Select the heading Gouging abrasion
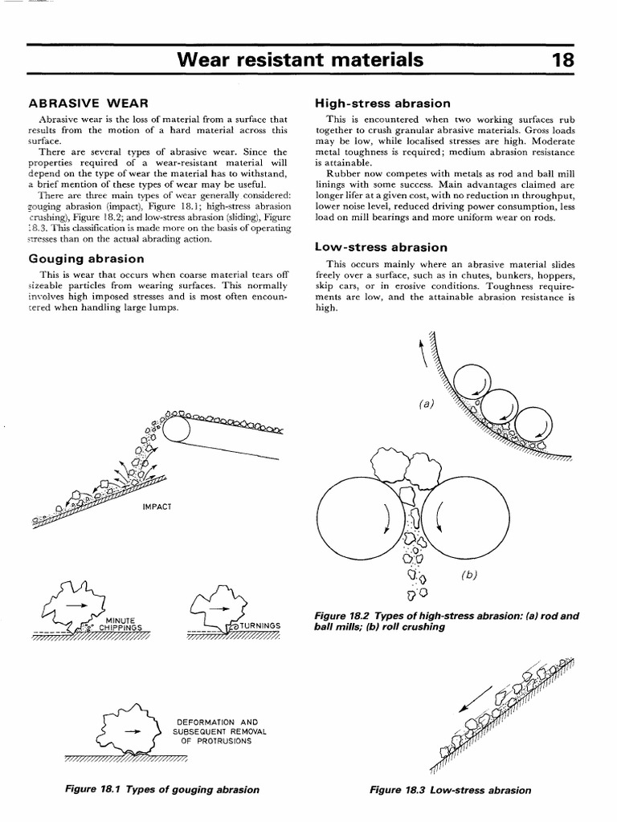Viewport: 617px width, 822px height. click(86, 258)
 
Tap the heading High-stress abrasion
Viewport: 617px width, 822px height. click(382, 104)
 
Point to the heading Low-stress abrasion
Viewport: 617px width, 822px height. click(381, 247)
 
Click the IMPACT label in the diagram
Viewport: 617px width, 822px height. click(157, 507)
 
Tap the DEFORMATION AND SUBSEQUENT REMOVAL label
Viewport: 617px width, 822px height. click(219, 730)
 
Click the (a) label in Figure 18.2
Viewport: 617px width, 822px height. click(425, 403)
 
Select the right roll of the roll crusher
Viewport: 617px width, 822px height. click(457, 522)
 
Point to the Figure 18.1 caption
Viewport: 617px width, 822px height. click(162, 789)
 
